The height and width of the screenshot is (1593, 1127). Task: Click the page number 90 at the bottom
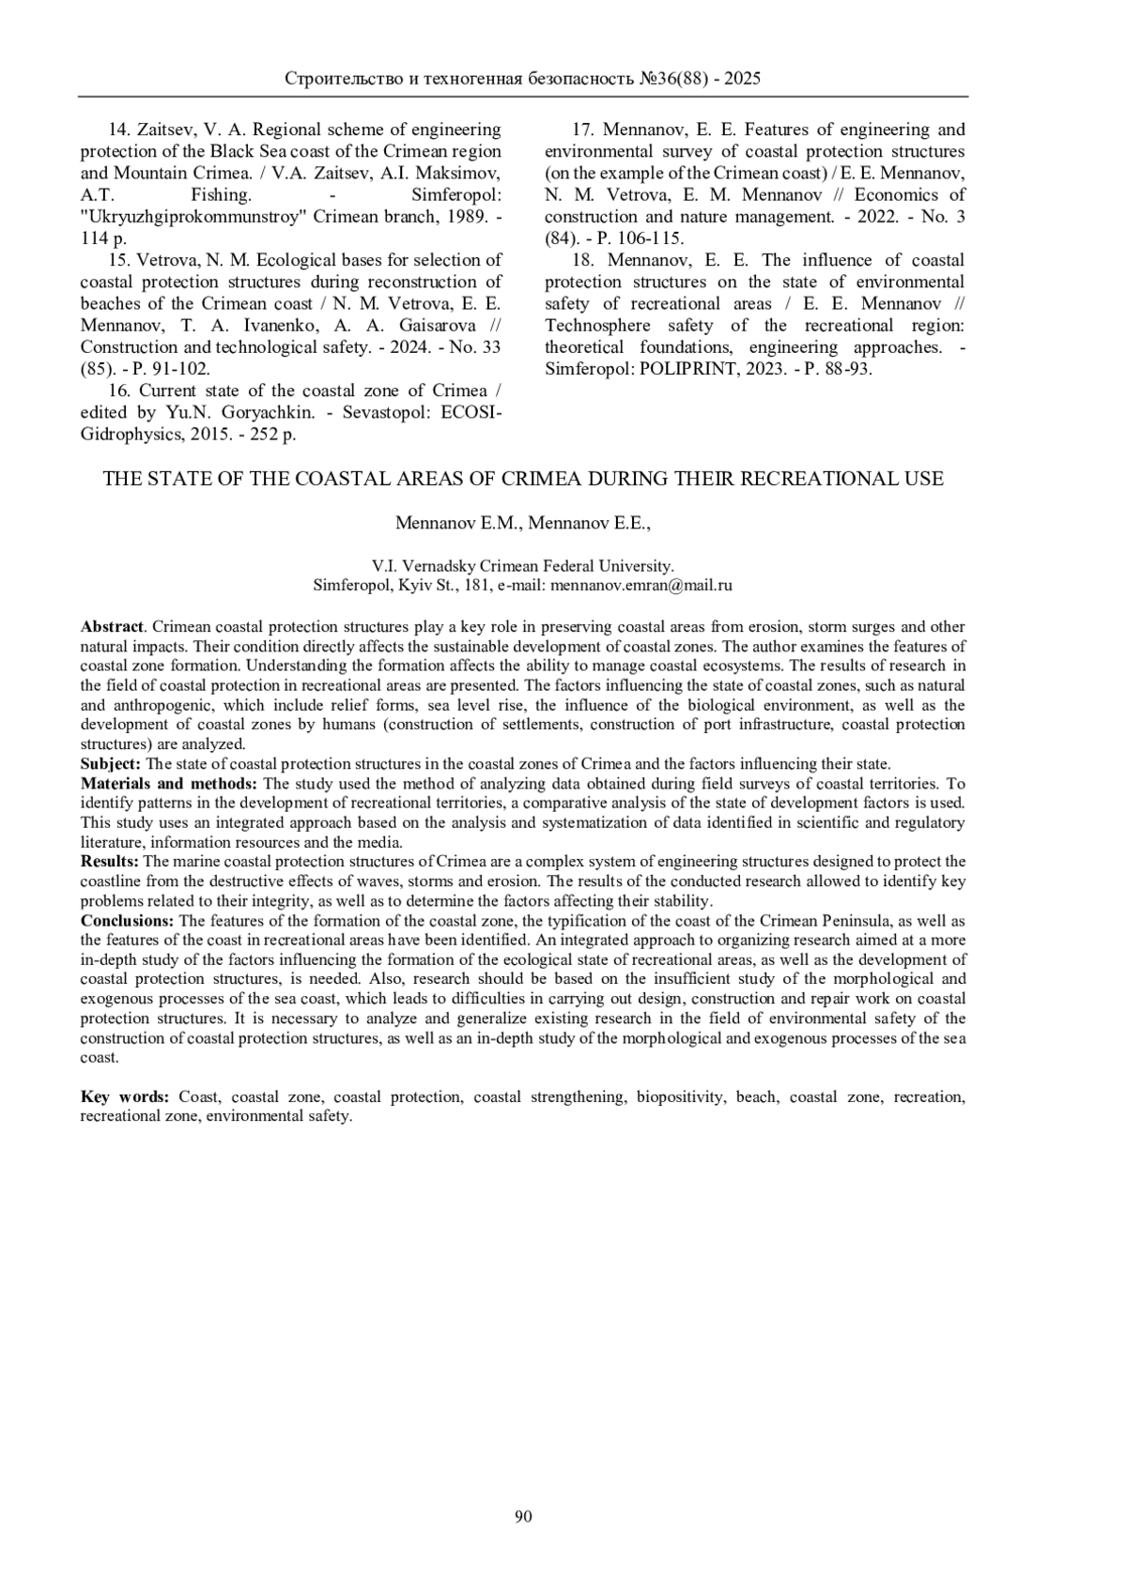click(523, 1516)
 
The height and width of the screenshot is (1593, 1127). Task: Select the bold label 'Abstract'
click(112, 627)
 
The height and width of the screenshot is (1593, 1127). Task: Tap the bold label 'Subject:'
click(111, 764)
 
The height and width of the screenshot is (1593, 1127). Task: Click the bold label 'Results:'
click(110, 862)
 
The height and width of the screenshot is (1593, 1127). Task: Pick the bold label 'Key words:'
click(125, 1096)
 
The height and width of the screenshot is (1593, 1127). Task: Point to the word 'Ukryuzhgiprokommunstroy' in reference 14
click(193, 217)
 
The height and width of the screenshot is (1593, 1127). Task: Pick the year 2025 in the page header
click(742, 79)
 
